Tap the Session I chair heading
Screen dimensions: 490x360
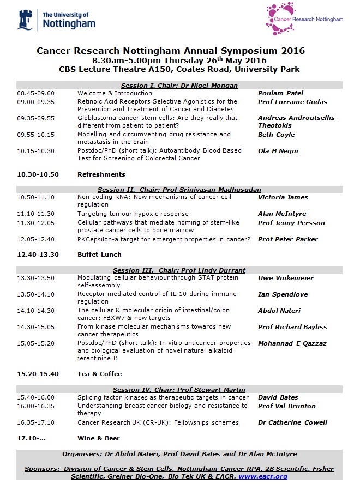coord(179,86)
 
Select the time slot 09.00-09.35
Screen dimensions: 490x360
coord(36,101)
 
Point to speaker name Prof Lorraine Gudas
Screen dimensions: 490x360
coord(292,102)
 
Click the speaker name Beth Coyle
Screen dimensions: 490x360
coord(276,135)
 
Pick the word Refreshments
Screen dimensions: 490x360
coord(101,174)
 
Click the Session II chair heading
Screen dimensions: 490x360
coord(179,190)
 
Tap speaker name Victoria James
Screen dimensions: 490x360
coord(283,197)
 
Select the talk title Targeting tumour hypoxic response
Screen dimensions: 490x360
coord(133,214)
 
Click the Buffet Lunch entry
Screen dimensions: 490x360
coord(99,255)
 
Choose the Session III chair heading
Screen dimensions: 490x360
coord(179,270)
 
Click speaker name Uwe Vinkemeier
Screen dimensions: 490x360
coord(286,278)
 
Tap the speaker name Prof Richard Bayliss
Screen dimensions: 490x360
coord(292,327)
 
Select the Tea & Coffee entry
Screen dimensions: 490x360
coord(100,374)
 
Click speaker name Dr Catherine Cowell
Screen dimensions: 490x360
coord(293,422)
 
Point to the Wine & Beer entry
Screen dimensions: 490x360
coord(99,438)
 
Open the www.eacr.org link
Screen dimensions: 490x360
coord(263,476)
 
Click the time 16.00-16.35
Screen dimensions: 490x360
coord(36,406)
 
